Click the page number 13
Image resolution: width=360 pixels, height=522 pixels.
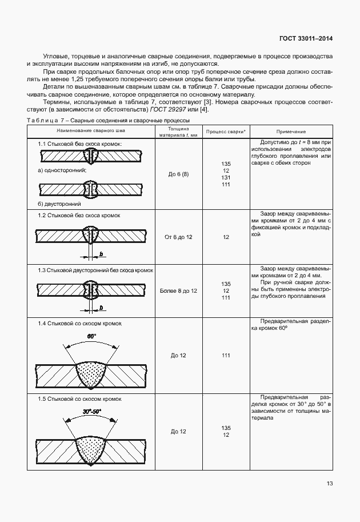point(330,483)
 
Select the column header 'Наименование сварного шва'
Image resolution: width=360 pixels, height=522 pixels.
point(90,131)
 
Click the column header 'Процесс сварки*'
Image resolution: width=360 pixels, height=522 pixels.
point(226,131)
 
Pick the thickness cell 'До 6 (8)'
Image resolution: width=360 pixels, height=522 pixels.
point(179,174)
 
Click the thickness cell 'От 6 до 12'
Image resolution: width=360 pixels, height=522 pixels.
point(179,237)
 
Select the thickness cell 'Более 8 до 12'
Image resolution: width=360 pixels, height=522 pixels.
point(179,290)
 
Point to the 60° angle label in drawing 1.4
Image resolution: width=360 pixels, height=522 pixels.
point(91,336)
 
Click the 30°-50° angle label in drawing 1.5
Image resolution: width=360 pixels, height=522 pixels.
point(91,411)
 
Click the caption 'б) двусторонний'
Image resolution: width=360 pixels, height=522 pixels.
point(59,203)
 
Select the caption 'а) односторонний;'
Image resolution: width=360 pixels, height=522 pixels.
point(62,170)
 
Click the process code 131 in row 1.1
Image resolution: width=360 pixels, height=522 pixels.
point(226,177)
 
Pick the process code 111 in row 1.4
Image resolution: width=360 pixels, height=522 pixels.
point(226,356)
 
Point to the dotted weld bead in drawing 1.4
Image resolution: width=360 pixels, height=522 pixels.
point(91,374)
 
